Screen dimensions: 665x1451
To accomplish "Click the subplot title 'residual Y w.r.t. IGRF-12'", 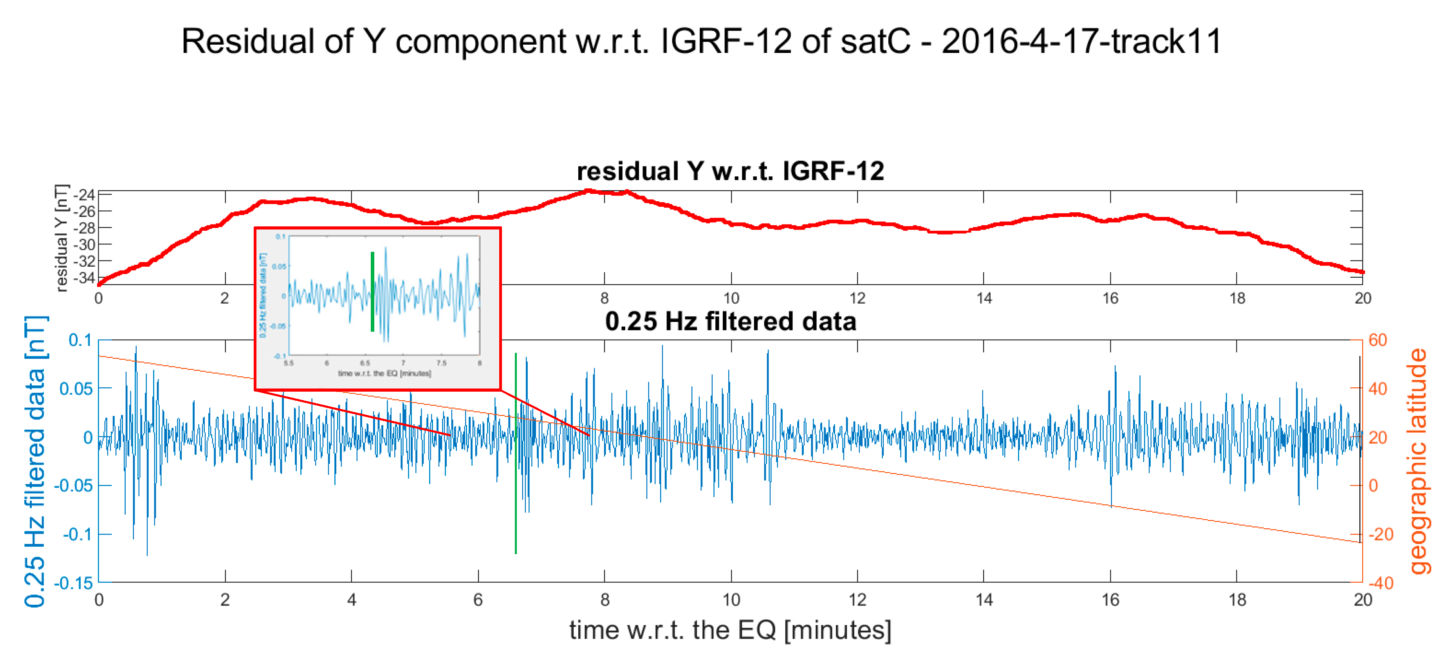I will (730, 171).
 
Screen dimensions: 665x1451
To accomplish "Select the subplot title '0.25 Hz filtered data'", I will (730, 321).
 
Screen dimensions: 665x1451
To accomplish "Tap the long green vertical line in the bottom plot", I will (515, 507).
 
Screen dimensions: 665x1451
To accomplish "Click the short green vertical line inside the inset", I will (372, 291).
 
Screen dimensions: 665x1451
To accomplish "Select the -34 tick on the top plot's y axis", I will (85, 277).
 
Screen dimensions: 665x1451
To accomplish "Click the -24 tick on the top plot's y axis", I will (85, 195).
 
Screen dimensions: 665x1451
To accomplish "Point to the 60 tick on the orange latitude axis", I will (1377, 340).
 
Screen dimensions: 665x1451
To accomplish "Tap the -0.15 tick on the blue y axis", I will (73, 583).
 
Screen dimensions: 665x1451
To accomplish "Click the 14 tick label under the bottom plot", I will (984, 599).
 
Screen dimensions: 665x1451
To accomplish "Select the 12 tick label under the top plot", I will (857, 298).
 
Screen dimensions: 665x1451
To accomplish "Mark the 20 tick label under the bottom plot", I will (1363, 599).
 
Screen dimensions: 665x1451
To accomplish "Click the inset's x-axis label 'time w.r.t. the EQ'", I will (384, 373).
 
